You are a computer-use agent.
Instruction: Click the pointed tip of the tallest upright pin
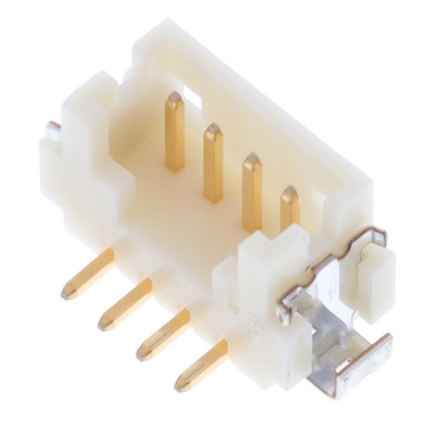174,97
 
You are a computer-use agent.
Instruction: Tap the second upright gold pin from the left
213,162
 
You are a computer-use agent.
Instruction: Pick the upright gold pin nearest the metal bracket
290,209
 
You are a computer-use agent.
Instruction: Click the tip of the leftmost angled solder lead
68,294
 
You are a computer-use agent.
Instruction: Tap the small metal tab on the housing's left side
53,126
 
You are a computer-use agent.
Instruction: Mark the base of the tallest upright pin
175,165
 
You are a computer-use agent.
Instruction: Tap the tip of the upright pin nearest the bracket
290,192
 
